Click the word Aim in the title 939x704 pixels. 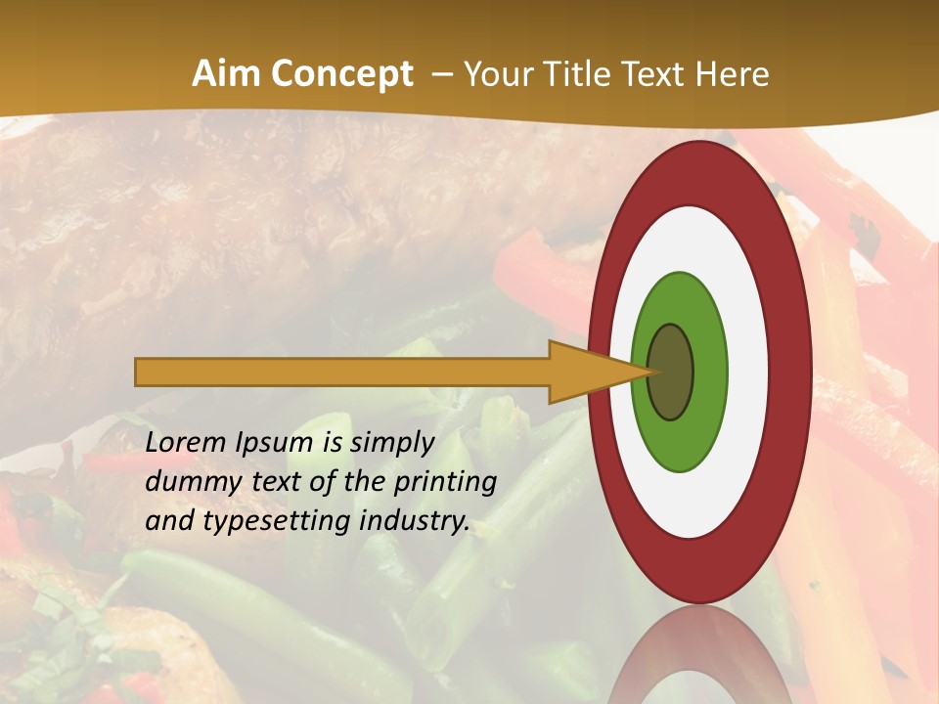click(227, 74)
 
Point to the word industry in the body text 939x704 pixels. click(415, 521)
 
